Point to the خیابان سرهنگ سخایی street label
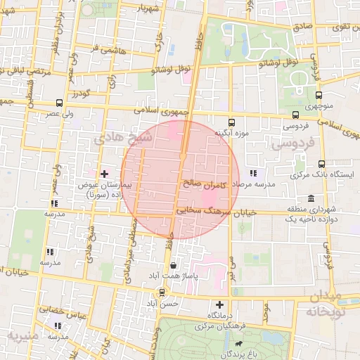tap(212, 209)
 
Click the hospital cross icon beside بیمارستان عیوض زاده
tap(104, 173)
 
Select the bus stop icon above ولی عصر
tap(59, 102)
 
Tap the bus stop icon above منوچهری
tap(319, 95)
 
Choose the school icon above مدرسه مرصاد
tap(253, 172)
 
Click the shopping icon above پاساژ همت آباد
tap(174, 265)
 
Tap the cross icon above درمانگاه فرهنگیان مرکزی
tap(221, 305)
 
